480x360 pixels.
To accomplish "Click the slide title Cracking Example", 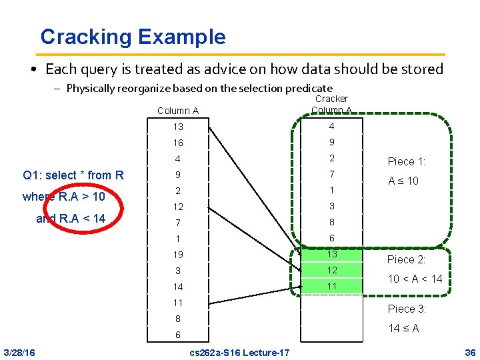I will click(133, 37).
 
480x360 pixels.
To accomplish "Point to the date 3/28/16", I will click(20, 352).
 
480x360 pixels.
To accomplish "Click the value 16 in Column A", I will click(177, 143).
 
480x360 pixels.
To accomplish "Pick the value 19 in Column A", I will click(177, 255).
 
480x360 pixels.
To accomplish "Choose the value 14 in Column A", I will click(177, 287).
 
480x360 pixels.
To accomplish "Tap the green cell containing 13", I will click(331, 254).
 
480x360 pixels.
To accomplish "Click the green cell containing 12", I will click(331, 270).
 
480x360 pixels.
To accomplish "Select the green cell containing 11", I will click(331, 286).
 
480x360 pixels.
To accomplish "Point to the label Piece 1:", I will click(407, 161).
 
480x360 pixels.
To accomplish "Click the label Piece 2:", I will click(407, 259).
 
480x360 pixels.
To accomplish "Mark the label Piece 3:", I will click(407, 309).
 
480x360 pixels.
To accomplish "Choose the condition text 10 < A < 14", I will click(415, 279).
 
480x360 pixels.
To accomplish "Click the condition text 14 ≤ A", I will click(405, 328).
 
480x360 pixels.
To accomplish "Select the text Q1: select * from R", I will click(73, 175).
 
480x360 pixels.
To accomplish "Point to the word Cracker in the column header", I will click(331, 99).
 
